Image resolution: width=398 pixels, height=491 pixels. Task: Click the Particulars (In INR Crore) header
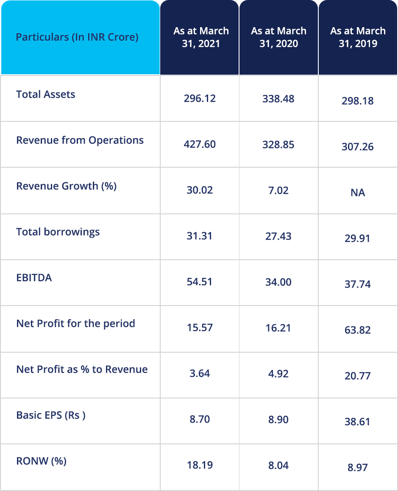click(x=77, y=37)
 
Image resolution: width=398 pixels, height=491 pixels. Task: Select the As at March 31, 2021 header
click(x=201, y=37)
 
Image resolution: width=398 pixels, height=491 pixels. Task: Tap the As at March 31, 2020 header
click(x=278, y=37)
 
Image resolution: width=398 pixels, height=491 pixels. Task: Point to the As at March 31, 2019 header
click(x=358, y=37)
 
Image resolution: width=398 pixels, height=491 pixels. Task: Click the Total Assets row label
click(x=46, y=94)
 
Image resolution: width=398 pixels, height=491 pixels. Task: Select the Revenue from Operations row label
click(x=80, y=140)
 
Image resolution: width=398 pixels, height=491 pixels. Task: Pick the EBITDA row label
click(x=34, y=278)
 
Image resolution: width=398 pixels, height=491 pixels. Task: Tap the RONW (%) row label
click(x=41, y=461)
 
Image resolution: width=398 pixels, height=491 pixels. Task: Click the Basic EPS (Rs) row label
click(x=51, y=415)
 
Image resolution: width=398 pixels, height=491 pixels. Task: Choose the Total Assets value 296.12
click(x=200, y=98)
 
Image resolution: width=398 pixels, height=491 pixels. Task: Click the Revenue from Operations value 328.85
click(x=278, y=144)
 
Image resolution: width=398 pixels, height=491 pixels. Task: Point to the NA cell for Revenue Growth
click(x=358, y=193)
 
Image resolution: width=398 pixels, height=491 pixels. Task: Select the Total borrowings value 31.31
click(x=200, y=236)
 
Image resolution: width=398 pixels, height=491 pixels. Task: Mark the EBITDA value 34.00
click(x=278, y=282)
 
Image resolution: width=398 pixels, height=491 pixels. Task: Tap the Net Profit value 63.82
click(x=358, y=330)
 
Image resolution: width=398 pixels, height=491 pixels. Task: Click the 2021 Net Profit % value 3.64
click(x=200, y=373)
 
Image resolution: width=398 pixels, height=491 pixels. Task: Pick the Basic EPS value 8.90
click(x=278, y=419)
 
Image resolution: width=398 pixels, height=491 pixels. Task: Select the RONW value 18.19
click(x=200, y=465)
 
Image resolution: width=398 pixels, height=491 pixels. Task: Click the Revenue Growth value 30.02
click(x=200, y=190)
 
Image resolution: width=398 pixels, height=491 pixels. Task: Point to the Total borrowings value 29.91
click(x=358, y=238)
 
